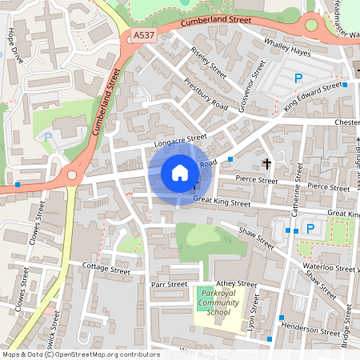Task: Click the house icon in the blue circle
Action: [180, 172]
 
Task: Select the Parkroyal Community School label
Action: [218, 304]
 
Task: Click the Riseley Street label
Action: [209, 62]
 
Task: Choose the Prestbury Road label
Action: [206, 95]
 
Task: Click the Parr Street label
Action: [169, 284]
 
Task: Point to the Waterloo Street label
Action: [329, 269]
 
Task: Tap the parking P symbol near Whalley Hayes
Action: [298, 78]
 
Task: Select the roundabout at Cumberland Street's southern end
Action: [73, 174]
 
